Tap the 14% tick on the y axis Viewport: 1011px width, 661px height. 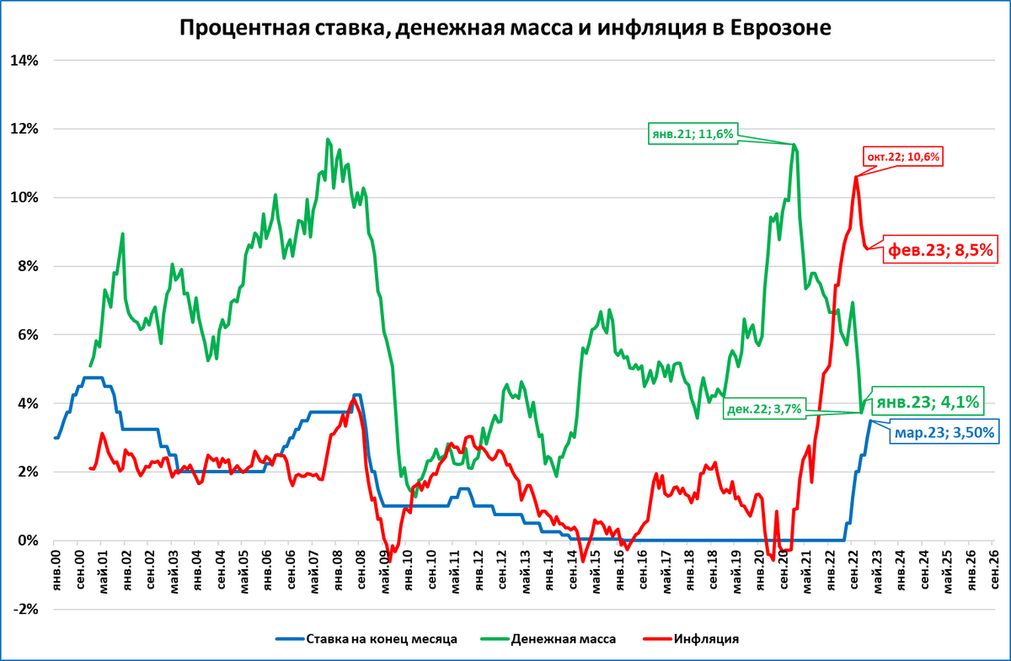(x=24, y=61)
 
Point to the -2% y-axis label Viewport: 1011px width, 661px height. (x=24, y=609)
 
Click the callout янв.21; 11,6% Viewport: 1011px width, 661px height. (x=693, y=133)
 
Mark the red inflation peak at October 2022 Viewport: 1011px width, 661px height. (x=856, y=176)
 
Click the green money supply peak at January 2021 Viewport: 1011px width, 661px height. (x=794, y=144)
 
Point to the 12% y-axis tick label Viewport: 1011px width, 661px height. (x=24, y=129)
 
